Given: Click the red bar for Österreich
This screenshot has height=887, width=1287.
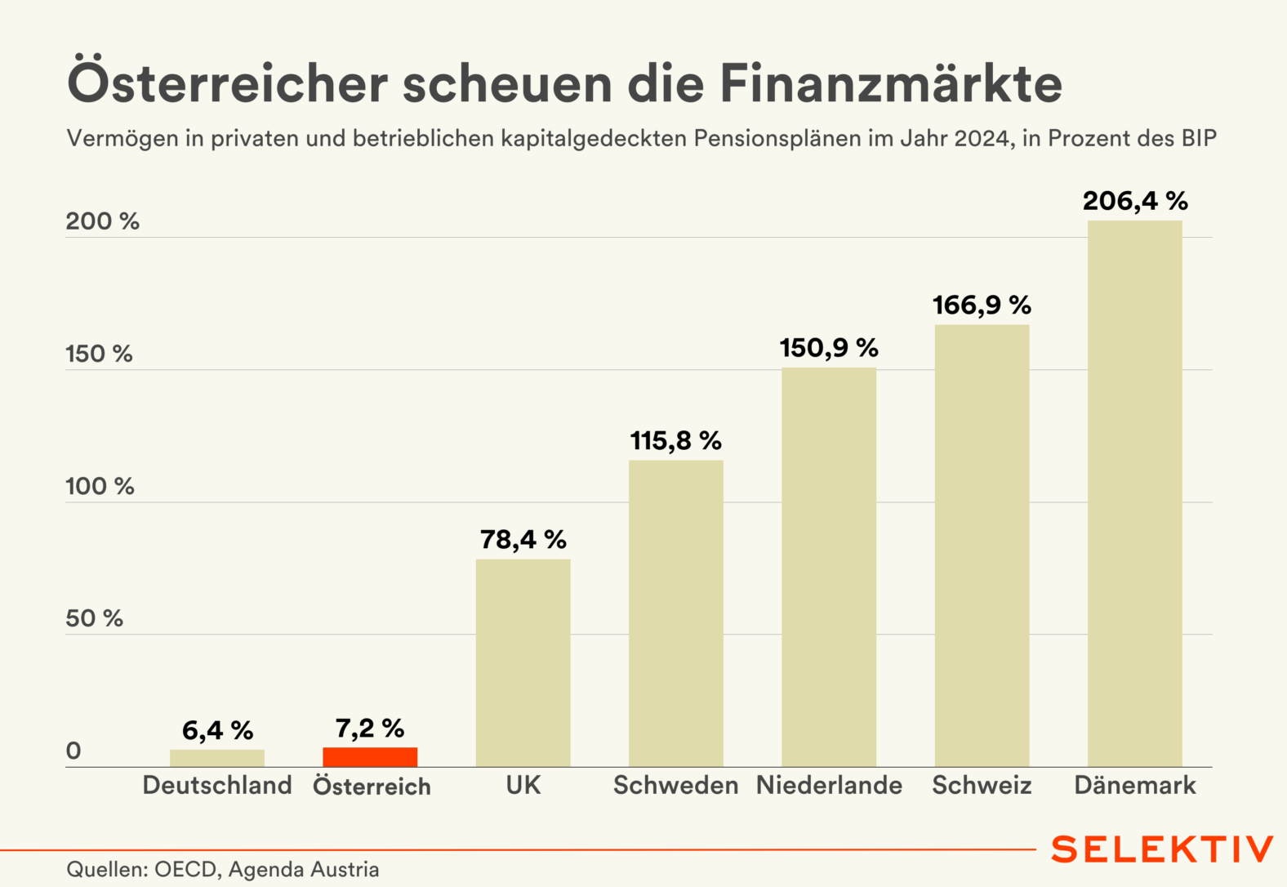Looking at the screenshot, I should [370, 757].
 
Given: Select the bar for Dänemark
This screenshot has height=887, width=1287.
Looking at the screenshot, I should [1134, 493].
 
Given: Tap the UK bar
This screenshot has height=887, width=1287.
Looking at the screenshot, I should [523, 662].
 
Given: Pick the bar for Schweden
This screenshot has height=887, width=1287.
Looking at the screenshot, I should [675, 613].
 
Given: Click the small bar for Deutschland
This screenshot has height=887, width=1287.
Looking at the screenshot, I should [217, 758].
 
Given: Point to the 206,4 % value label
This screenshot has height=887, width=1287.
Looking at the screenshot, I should [1135, 201].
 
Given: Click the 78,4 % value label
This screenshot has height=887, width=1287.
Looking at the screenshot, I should [523, 540].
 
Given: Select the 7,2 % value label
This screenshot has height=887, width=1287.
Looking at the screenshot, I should [370, 729].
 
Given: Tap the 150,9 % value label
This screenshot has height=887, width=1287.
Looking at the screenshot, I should [829, 348].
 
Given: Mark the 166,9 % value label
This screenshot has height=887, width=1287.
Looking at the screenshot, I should [982, 305].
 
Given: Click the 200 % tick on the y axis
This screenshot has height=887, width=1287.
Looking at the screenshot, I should [102, 221].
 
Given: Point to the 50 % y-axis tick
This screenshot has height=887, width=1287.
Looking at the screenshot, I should [94, 618].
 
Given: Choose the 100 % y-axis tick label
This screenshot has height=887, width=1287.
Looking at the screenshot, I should [100, 486].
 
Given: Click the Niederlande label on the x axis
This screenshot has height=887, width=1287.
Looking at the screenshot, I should [829, 786].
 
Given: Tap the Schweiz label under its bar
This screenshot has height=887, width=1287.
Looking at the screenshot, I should [982, 786].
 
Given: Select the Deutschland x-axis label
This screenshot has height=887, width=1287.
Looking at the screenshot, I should [217, 786].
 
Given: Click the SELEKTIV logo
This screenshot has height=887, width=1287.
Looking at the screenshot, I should [1162, 849].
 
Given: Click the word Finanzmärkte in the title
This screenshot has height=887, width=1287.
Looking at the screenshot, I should [891, 84].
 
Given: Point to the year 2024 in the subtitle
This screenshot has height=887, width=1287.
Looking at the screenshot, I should [983, 139].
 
